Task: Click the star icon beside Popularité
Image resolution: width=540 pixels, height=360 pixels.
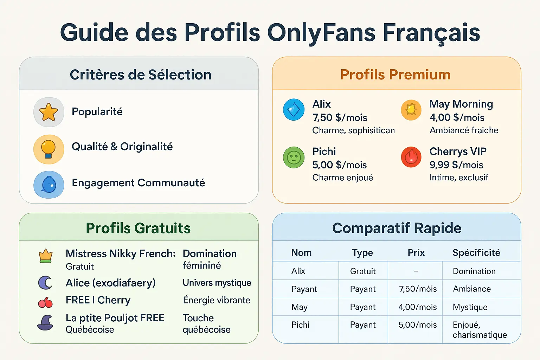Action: (49, 112)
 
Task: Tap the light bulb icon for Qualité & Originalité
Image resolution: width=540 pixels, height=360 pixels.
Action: (49, 149)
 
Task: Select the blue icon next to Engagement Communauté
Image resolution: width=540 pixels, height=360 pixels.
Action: (49, 185)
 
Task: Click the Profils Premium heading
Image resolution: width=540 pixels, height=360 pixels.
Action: (395, 75)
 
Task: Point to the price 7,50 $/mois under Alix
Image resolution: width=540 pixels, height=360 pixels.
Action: (340, 117)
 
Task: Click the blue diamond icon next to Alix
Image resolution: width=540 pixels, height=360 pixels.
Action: (294, 110)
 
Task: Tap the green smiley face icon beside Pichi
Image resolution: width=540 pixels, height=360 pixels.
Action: (294, 157)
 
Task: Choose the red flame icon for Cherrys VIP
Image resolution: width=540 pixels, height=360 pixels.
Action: (411, 157)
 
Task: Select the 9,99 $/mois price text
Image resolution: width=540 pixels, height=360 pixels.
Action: (456, 165)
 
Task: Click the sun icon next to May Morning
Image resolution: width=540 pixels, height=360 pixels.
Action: (411, 110)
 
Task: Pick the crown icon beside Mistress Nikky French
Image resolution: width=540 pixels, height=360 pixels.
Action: (46, 256)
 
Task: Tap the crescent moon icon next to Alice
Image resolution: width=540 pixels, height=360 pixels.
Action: (45, 283)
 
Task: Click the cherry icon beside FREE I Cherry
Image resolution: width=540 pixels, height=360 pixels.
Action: (45, 302)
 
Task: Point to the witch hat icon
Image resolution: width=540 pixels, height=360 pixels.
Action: (45, 323)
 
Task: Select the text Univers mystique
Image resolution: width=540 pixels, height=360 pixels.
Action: (217, 283)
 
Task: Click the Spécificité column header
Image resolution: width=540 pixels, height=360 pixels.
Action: (476, 252)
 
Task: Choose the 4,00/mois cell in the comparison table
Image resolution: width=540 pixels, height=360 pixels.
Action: (417, 307)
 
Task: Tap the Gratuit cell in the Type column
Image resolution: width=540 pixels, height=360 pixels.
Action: (363, 271)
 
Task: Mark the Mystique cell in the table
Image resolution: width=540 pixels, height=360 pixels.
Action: (470, 307)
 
